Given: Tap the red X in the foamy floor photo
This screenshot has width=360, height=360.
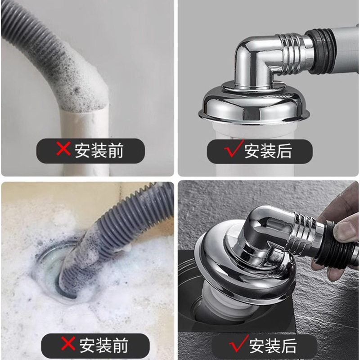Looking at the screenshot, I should pos(68,344).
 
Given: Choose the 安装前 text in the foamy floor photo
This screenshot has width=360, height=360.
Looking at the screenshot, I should pos(103,346).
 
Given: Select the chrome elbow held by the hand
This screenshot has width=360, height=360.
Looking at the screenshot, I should pos(265,229).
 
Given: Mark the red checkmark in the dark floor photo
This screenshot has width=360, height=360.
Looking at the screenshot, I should pos(238,344).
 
